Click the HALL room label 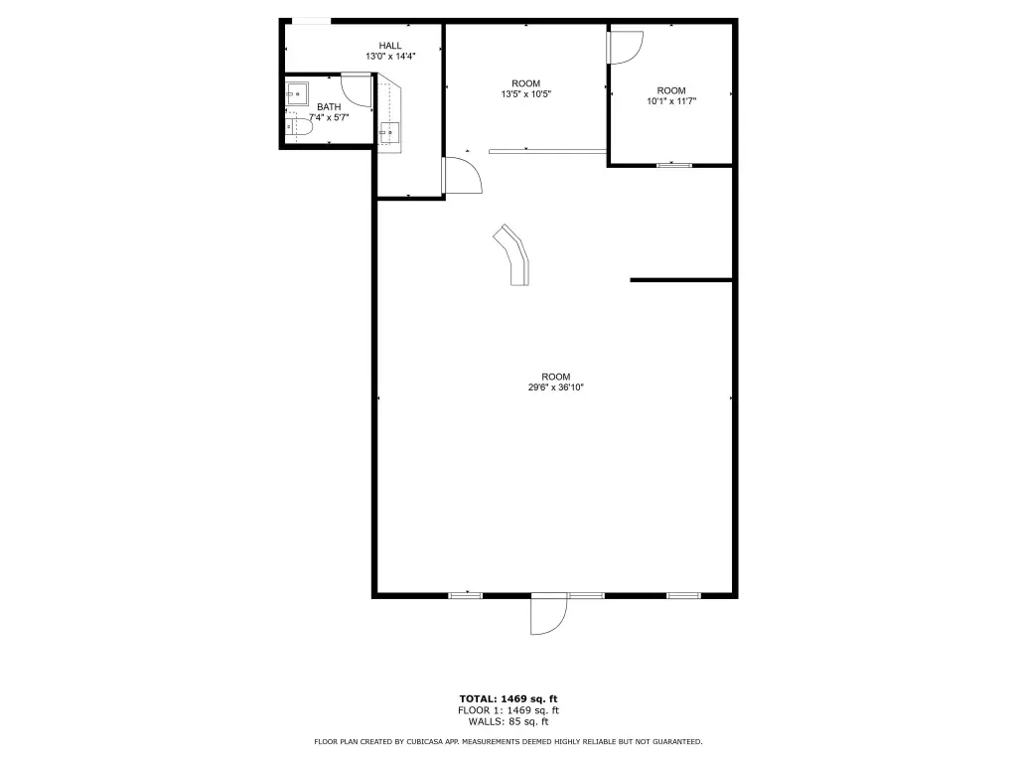coord(389,46)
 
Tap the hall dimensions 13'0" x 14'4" coord(389,57)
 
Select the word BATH coord(329,107)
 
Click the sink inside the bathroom coord(297,93)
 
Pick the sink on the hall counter coord(389,133)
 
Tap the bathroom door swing coord(357,89)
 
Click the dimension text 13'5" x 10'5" coord(526,94)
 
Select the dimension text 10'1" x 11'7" coord(671,101)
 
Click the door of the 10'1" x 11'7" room coord(626,48)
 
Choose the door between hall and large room coord(462,176)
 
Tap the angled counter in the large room coord(513,253)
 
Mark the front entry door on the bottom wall coord(548,614)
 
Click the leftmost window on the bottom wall coord(466,595)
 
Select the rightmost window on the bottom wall coord(683,595)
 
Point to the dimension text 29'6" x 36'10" coord(556,387)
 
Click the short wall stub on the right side coord(681,280)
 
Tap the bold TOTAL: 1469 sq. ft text coord(508,698)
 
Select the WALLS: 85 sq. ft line coord(508,721)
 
